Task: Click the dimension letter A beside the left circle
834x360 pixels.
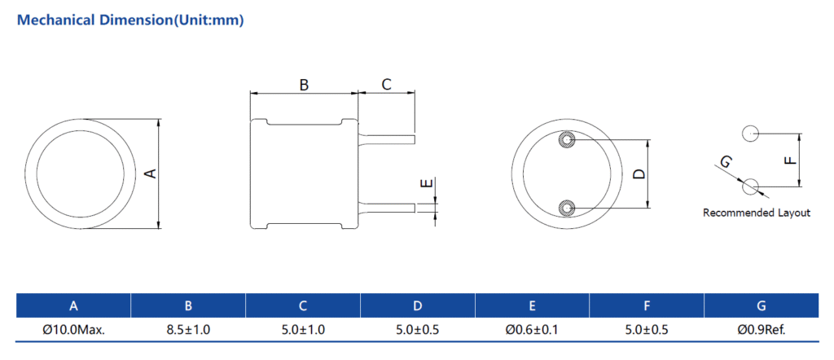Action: click(151, 173)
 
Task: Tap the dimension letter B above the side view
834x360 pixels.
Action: click(304, 85)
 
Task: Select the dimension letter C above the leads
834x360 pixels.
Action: click(387, 84)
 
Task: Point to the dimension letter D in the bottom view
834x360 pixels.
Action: click(640, 173)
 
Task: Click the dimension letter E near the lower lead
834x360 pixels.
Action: click(427, 184)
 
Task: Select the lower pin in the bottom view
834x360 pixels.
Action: click(567, 208)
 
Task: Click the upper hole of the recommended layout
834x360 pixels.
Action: click(750, 134)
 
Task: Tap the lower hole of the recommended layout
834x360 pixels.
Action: click(750, 187)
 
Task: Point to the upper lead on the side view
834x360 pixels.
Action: click(387, 138)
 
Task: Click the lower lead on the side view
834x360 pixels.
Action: click(387, 208)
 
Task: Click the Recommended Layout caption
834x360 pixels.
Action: click(757, 213)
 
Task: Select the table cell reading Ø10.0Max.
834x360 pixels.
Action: click(74, 330)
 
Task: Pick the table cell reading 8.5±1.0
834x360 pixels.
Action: click(188, 330)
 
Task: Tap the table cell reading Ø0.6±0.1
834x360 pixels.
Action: click(532, 330)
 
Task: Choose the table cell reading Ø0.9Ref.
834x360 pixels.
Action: click(762, 330)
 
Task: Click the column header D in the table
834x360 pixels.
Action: click(418, 305)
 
